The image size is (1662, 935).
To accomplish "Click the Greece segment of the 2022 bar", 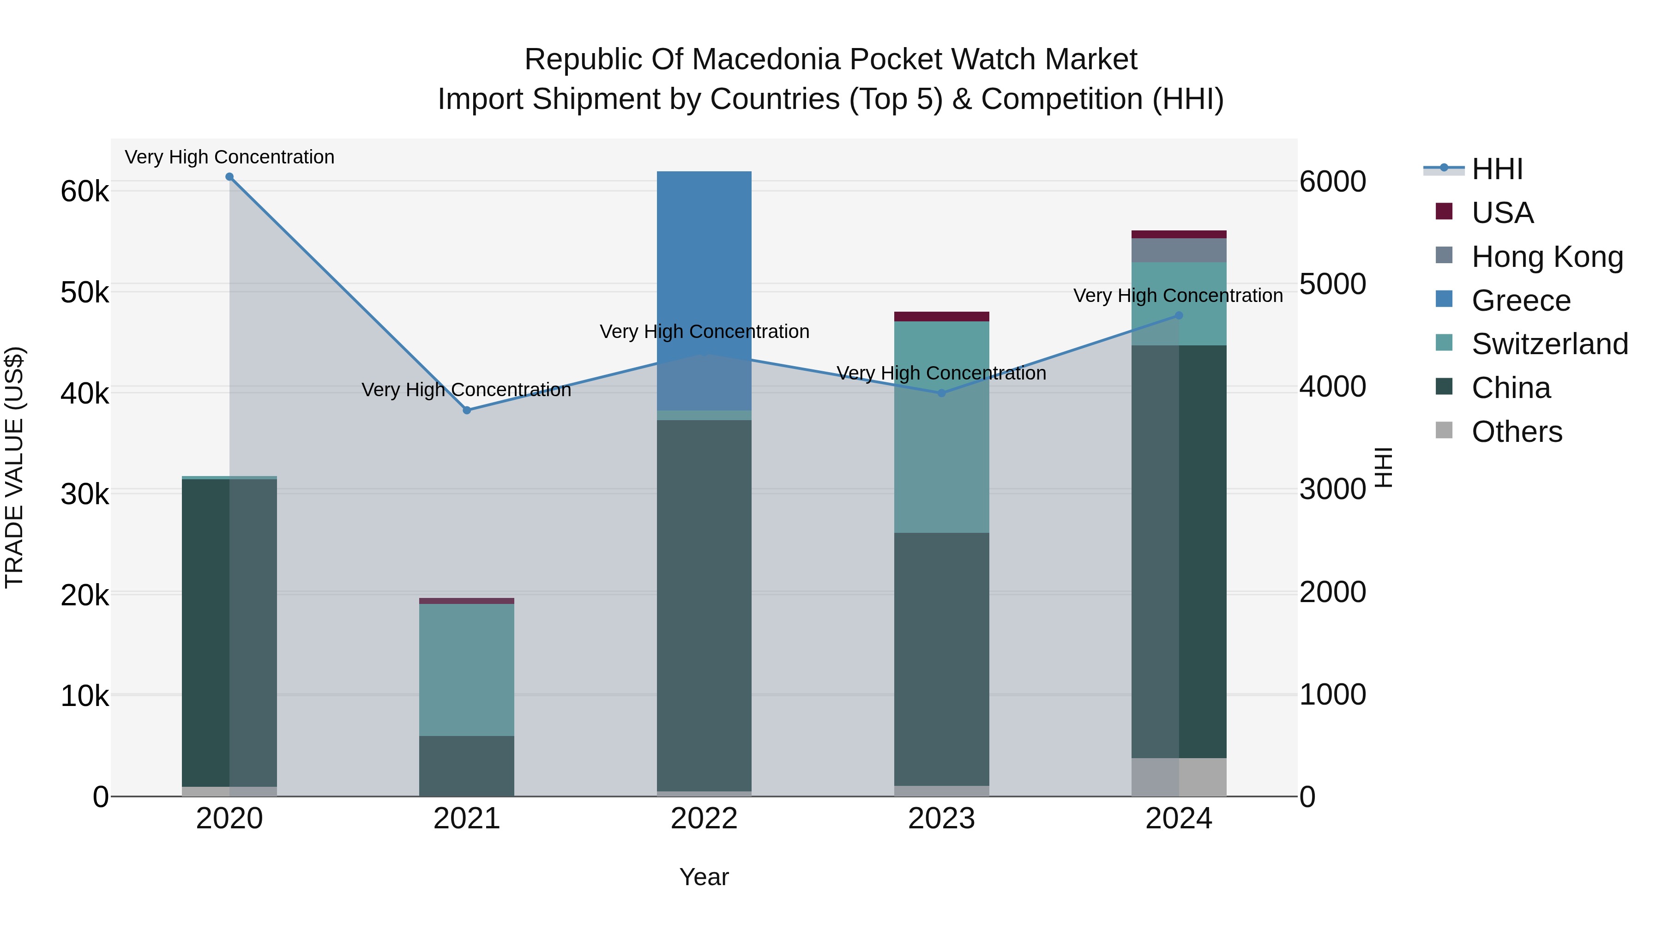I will pos(704,290).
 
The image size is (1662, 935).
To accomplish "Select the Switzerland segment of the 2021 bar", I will pos(466,670).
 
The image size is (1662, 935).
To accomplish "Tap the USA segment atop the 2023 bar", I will pos(941,316).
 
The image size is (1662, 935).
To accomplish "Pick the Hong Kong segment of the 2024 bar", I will pos(1179,250).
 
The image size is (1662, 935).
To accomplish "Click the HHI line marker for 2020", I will pos(230,177).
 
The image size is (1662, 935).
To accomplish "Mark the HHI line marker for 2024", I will pos(1179,315).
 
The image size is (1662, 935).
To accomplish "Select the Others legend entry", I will pos(1516,432).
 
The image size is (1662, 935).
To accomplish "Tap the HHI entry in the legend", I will pos(1497,169).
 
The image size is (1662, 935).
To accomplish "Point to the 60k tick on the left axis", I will pos(84,192).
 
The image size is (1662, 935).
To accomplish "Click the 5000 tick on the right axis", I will pos(1332,284).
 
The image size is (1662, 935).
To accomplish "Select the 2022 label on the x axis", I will pos(704,819).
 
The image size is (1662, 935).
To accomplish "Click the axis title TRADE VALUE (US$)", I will pos(15,467).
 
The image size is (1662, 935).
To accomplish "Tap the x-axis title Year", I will pos(704,877).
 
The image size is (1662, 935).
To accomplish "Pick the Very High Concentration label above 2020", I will pos(230,157).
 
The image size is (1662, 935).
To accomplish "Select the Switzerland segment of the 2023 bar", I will pos(941,426).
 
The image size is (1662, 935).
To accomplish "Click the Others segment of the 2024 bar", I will pos(1179,777).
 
